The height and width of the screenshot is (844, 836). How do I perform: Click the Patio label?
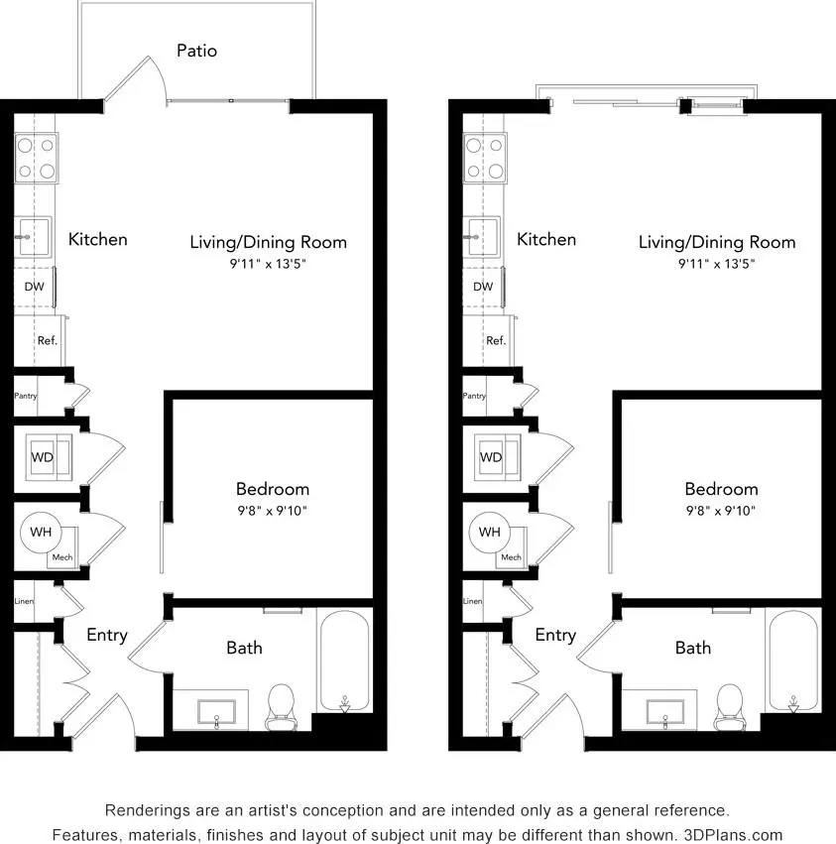click(x=196, y=51)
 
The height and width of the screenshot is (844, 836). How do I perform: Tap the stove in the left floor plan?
click(x=36, y=159)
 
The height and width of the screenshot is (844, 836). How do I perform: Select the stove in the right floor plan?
click(x=485, y=159)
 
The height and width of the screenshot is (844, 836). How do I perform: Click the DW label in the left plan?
click(x=34, y=287)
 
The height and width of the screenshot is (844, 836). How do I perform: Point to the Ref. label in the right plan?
click(x=496, y=341)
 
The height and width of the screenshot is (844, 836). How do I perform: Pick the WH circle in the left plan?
click(x=41, y=533)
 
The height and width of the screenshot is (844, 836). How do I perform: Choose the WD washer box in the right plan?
click(x=498, y=457)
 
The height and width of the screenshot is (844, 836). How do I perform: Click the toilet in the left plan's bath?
click(x=281, y=707)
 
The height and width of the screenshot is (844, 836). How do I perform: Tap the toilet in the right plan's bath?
click(x=730, y=707)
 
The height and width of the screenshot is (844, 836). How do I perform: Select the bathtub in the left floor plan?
click(x=344, y=661)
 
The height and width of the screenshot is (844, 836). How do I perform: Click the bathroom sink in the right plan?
click(x=664, y=712)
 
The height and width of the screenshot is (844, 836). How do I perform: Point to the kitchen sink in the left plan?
click(x=34, y=237)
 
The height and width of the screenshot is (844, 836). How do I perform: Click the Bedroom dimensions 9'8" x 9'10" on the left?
click(x=273, y=511)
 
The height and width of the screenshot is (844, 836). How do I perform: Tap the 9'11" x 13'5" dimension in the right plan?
click(x=716, y=264)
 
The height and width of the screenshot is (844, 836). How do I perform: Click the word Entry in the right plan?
click(x=555, y=635)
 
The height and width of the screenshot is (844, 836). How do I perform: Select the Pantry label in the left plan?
click(x=26, y=396)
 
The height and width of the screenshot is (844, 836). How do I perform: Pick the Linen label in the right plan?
click(x=472, y=601)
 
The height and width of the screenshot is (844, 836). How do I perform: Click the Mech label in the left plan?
click(x=62, y=557)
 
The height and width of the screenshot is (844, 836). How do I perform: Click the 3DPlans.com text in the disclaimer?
click(x=733, y=835)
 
